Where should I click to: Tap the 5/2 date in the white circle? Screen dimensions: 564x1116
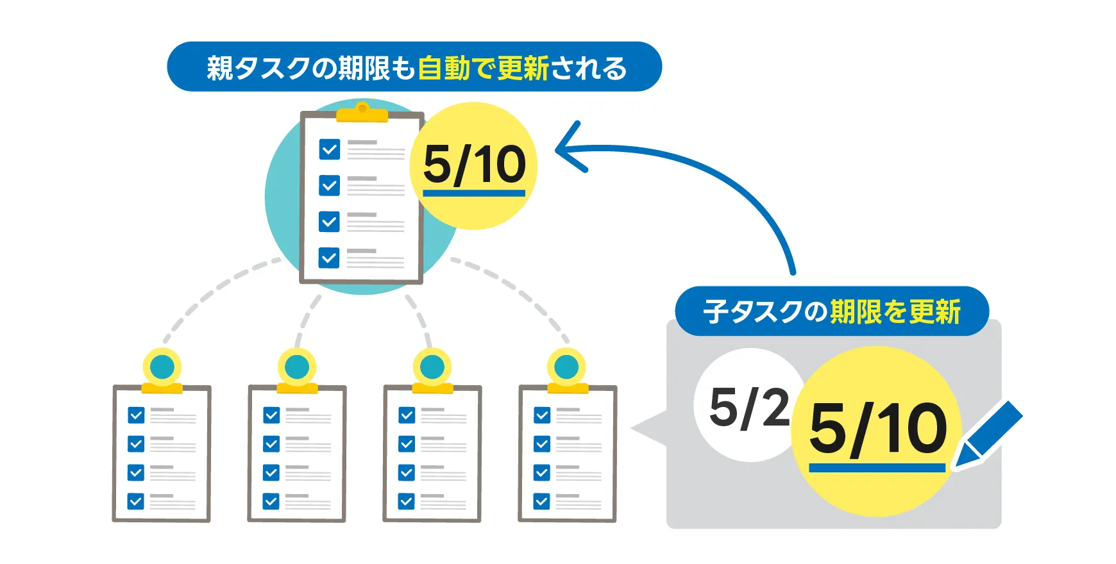[749, 408]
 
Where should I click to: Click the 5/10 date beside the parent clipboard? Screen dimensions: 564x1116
[474, 165]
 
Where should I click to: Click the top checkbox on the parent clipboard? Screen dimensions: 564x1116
[329, 149]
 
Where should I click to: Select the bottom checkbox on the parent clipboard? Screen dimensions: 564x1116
[329, 258]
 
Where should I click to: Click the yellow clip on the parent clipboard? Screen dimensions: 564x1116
[362, 113]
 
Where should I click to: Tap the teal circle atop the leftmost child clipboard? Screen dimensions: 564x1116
[162, 367]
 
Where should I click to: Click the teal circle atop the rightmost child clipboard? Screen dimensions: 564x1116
[566, 367]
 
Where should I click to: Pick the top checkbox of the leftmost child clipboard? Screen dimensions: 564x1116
[136, 415]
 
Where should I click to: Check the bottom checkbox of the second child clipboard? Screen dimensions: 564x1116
[271, 501]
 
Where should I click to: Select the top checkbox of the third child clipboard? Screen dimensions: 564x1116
[407, 415]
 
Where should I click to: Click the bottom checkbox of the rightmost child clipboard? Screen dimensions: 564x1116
[542, 501]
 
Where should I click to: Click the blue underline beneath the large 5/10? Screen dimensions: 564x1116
[877, 469]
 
